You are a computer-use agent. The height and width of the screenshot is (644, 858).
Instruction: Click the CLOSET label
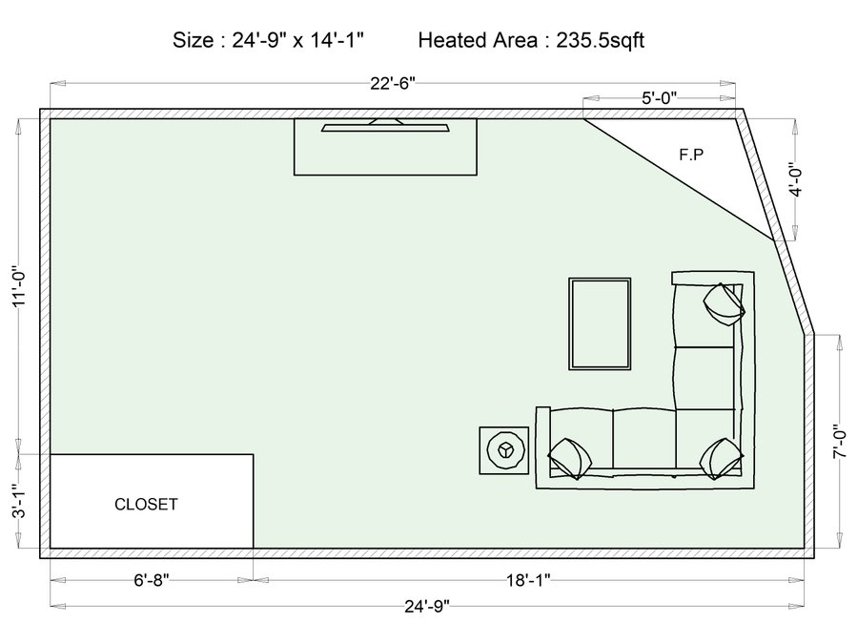tap(146, 505)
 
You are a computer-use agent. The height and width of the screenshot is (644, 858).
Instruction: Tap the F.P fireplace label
tap(691, 155)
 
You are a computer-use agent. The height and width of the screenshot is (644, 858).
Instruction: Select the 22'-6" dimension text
tap(393, 84)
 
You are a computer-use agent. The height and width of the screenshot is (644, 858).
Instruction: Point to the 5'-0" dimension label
tap(659, 98)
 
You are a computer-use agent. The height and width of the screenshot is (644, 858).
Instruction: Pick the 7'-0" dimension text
tap(839, 442)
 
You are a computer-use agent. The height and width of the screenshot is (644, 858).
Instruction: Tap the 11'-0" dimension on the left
tap(19, 286)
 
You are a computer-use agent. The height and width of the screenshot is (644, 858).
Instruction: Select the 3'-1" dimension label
tap(19, 501)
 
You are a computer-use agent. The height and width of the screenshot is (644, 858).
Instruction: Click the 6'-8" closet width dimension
tap(152, 580)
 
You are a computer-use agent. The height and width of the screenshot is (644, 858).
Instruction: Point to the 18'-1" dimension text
tap(528, 580)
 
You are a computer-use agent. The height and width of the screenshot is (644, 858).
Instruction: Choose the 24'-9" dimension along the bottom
tap(427, 606)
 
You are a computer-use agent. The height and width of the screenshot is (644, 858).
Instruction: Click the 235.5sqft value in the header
tap(601, 40)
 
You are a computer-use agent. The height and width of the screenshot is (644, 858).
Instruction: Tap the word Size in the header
tap(194, 40)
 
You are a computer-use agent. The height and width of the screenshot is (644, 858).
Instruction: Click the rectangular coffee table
tap(600, 323)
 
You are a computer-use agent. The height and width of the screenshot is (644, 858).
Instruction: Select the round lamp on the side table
tap(504, 450)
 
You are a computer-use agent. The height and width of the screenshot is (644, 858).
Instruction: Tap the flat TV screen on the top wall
tap(385, 128)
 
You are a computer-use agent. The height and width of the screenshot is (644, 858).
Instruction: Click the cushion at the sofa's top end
tap(724, 304)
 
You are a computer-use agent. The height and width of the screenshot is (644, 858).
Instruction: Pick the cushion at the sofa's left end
tap(570, 458)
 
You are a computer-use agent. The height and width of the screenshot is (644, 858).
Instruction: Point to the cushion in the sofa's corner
tap(722, 458)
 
